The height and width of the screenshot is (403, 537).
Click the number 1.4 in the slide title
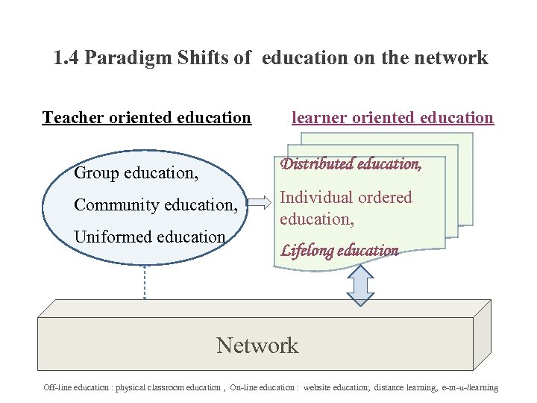pyautogui.click(x=67, y=57)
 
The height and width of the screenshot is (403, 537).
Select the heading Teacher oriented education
pyautogui.click(x=147, y=117)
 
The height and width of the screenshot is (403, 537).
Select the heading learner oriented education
pyautogui.click(x=392, y=117)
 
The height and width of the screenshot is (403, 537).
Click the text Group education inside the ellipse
pyautogui.click(x=136, y=172)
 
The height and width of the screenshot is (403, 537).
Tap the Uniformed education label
pyautogui.click(x=149, y=237)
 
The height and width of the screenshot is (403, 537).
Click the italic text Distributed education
pyautogui.click(x=351, y=164)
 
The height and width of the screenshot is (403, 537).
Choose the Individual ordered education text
pyautogui.click(x=345, y=208)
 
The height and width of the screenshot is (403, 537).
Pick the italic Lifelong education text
pyautogui.click(x=339, y=251)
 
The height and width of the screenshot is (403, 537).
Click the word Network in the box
pyautogui.click(x=257, y=346)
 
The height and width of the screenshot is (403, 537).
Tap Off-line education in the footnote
pyautogui.click(x=75, y=387)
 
